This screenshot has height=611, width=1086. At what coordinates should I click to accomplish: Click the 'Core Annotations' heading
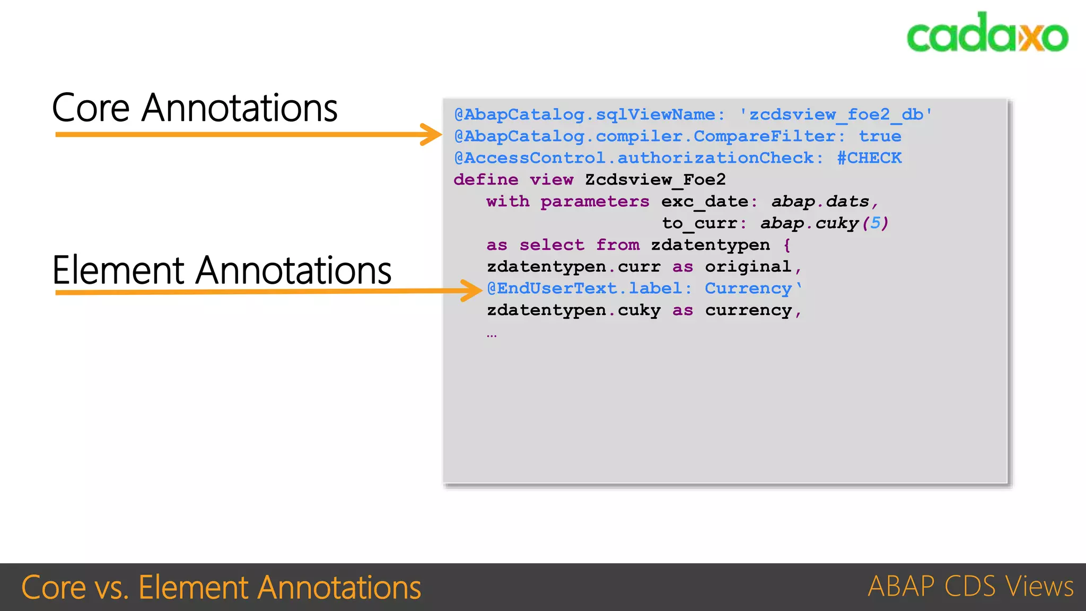click(x=195, y=108)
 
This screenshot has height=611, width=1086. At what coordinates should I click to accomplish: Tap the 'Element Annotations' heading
click(x=222, y=270)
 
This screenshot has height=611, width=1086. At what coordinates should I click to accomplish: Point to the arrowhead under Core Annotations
click(x=431, y=135)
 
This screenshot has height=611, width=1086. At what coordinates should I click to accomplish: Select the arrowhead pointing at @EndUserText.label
click(x=471, y=291)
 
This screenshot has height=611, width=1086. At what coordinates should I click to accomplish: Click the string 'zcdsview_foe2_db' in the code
click(x=836, y=115)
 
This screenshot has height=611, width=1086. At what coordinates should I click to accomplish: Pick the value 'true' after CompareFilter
click(x=880, y=136)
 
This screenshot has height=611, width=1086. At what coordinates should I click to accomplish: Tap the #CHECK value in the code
click(x=869, y=158)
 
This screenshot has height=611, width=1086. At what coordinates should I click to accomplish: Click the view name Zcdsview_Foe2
click(x=655, y=180)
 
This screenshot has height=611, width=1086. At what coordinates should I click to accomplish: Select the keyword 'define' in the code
click(x=486, y=180)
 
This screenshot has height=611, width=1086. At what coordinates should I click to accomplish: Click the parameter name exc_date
click(x=704, y=202)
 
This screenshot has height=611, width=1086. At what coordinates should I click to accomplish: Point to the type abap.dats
click(x=820, y=202)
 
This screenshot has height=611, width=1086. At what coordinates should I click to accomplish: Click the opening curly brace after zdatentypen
click(x=787, y=245)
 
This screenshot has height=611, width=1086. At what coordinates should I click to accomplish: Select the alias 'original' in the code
click(x=748, y=267)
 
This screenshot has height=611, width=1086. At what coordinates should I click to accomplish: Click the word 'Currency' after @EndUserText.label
click(x=748, y=289)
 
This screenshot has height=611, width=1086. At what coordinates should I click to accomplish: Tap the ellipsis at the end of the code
click(x=492, y=335)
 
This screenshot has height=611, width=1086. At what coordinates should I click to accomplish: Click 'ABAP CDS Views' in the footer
click(x=970, y=587)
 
